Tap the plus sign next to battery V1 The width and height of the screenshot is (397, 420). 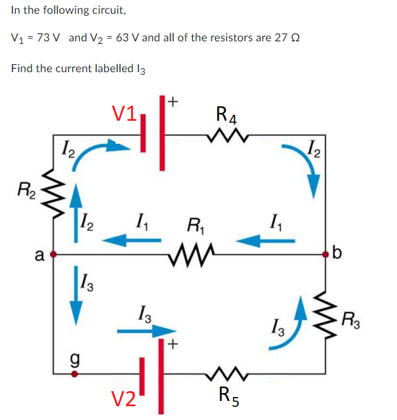(173, 101)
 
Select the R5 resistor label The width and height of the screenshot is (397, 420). (226, 395)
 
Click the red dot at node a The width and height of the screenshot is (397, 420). (54, 253)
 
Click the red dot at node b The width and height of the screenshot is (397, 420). (326, 253)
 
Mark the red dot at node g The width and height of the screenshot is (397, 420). (74, 374)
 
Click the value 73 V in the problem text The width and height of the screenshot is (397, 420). (49, 37)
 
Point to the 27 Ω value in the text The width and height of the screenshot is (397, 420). (287, 37)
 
